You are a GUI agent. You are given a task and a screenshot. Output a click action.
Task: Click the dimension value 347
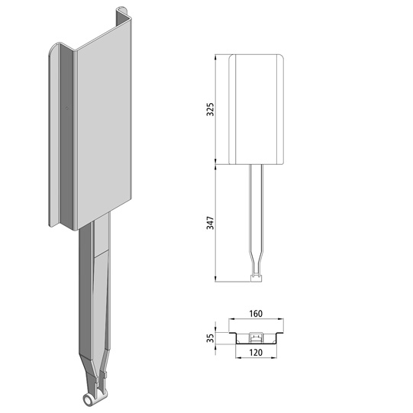coord(211,224)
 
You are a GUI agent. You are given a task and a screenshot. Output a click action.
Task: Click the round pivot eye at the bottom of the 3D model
coord(86,398)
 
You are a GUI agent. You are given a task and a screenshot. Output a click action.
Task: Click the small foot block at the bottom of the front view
coord(257,277)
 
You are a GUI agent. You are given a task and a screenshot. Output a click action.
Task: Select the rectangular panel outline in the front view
coord(257,109)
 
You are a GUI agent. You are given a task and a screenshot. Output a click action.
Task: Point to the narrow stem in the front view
coord(257,206)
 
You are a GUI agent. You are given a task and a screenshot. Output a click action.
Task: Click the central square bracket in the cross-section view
coord(257,336)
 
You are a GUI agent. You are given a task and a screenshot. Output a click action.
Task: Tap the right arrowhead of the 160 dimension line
coord(286,321)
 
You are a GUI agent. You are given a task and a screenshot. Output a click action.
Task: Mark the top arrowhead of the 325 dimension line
coord(218,57)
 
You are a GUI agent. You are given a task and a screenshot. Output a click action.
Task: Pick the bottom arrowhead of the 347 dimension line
coord(218,279)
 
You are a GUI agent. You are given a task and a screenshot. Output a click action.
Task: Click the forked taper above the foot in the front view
coord(257,263)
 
